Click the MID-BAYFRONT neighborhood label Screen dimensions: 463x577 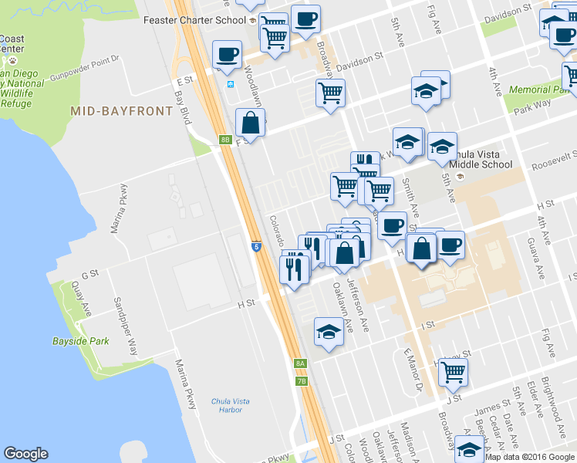click(121, 111)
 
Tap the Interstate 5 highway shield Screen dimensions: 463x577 click(255, 246)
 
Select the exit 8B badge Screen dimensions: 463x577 click(225, 140)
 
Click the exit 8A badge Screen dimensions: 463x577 click(301, 363)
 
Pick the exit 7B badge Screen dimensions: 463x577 click(302, 380)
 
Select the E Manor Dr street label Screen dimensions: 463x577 click(413, 370)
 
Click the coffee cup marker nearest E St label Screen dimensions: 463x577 click(227, 55)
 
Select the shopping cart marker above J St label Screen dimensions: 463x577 click(453, 373)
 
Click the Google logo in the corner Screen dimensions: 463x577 click(25, 454)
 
